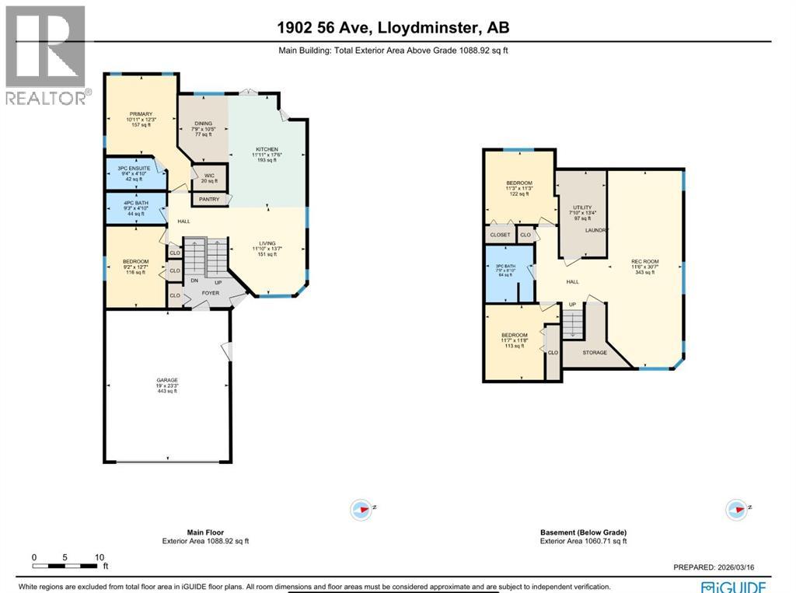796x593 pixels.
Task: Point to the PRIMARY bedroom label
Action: pyautogui.click(x=141, y=114)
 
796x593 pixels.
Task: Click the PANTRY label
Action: pyautogui.click(x=209, y=200)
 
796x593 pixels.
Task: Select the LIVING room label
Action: pyautogui.click(x=267, y=242)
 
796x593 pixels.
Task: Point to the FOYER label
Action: pyautogui.click(x=210, y=293)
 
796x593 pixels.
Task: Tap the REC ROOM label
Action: pyautogui.click(x=646, y=261)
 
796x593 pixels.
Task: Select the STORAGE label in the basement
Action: pyautogui.click(x=595, y=352)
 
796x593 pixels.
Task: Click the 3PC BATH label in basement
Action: pyautogui.click(x=505, y=269)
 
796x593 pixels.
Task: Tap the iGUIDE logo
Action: pyautogui.click(x=733, y=586)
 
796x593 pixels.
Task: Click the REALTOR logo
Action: pyautogui.click(x=45, y=54)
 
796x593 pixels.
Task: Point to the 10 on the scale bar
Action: pyautogui.click(x=99, y=557)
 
